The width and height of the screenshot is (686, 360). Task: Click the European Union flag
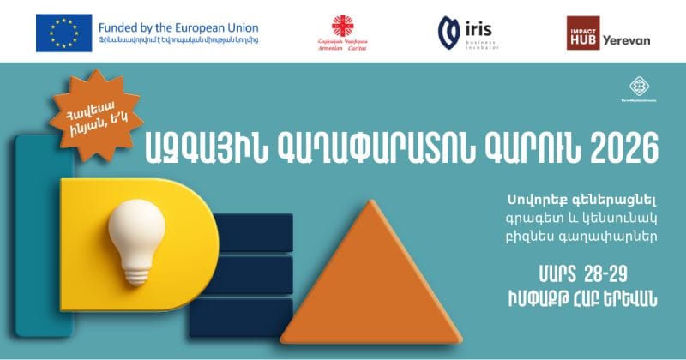(63, 32)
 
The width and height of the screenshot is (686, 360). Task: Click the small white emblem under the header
(637, 86)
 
